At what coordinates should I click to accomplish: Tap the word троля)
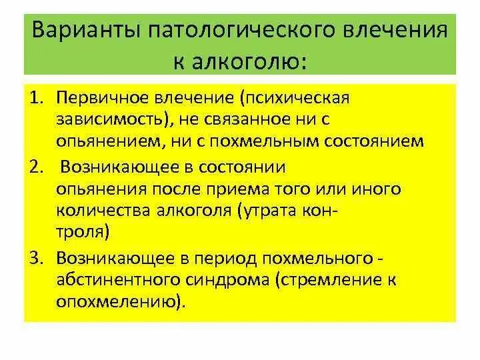pos(83,233)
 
